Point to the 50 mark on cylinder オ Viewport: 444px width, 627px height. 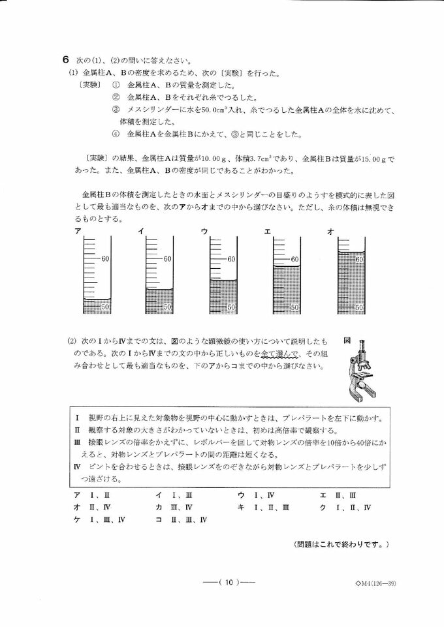point(358,307)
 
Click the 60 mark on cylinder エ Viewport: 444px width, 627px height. point(294,259)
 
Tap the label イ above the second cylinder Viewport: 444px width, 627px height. point(140,231)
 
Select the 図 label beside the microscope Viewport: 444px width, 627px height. point(347,341)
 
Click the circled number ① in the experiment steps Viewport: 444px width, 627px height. point(116,85)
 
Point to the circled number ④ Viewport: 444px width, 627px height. point(116,134)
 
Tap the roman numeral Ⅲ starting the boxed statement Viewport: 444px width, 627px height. point(78,442)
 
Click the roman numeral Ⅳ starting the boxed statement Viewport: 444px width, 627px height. point(78,467)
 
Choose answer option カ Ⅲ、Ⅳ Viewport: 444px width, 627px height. point(174,507)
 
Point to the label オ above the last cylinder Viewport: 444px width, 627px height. point(330,231)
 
